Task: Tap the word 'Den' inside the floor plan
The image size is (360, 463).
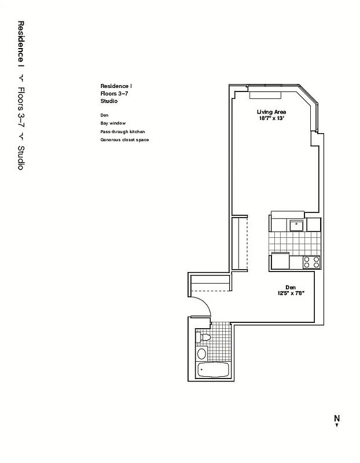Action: point(291,287)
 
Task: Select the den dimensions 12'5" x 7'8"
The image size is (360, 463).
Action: point(291,293)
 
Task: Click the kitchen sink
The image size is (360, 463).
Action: point(297,224)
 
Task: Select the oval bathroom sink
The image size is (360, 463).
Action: point(202,353)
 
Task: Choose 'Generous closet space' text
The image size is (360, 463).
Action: point(124,139)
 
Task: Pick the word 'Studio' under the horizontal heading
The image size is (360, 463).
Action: point(109,101)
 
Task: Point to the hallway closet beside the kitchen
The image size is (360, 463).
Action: point(239,243)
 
